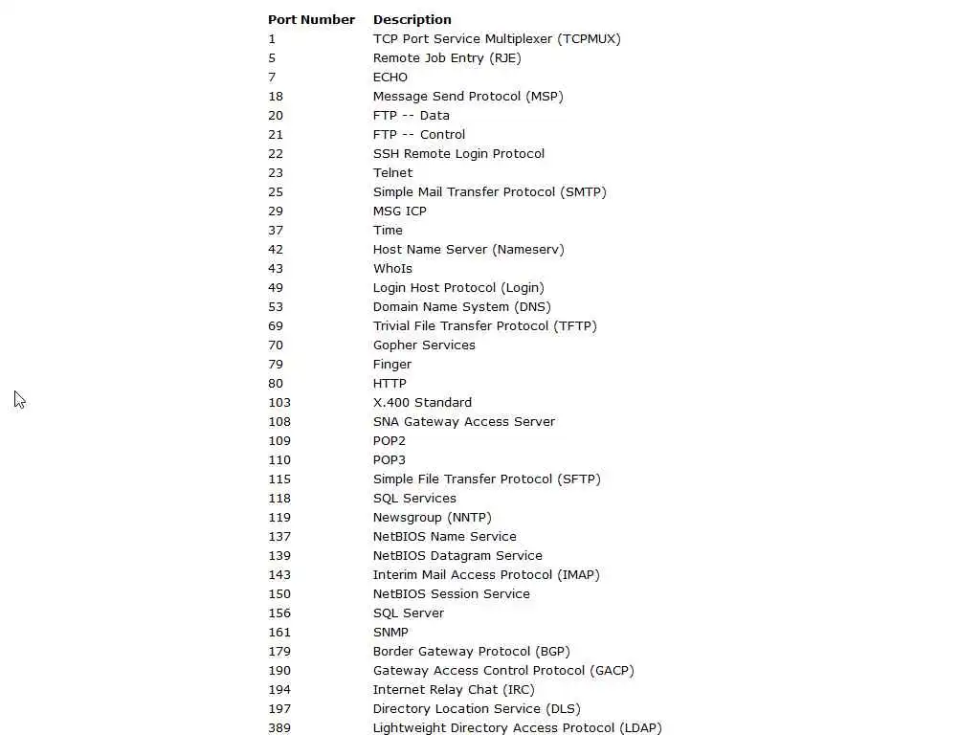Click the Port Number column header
(311, 19)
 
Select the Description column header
(412, 19)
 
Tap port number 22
(276, 153)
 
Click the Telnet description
(392, 172)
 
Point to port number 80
(276, 383)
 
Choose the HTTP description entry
(390, 383)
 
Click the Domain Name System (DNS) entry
(461, 306)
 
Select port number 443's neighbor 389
(279, 727)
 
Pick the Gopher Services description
(424, 345)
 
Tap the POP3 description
(390, 459)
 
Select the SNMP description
(390, 632)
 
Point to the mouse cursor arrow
(19, 399)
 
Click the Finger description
(392, 364)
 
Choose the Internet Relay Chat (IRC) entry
(454, 689)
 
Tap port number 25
(276, 191)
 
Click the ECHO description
(390, 77)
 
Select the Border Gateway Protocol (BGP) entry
(471, 651)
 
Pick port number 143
(279, 574)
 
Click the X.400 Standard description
(422, 402)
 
